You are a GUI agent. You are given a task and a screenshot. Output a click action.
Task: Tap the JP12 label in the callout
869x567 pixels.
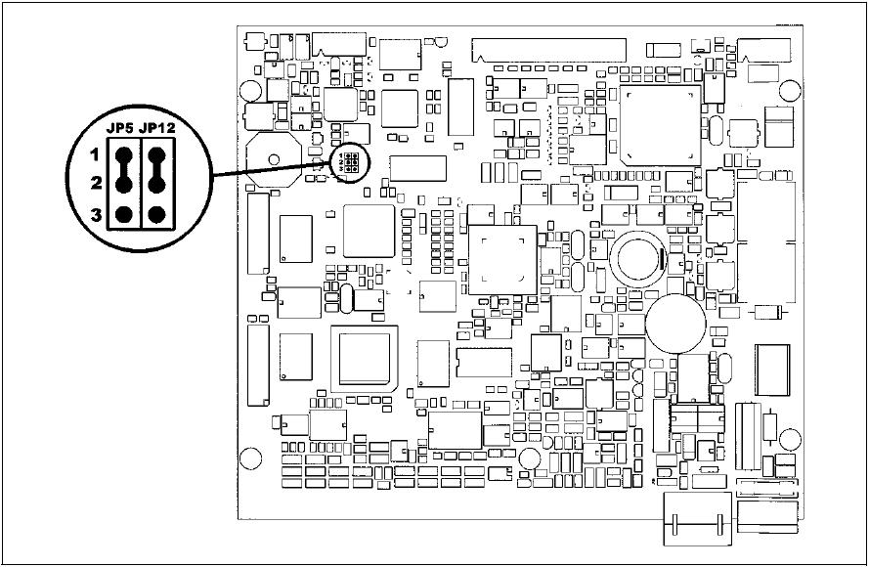tap(157, 128)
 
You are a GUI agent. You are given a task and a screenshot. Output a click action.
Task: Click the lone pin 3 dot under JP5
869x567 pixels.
tap(124, 214)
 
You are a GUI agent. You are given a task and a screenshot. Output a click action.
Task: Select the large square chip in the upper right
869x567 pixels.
tap(660, 126)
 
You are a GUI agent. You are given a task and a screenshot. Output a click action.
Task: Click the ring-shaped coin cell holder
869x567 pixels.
tap(639, 257)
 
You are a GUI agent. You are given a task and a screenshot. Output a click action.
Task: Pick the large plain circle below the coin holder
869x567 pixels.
tap(673, 324)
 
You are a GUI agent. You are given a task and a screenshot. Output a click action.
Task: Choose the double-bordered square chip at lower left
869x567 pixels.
tap(364, 358)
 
